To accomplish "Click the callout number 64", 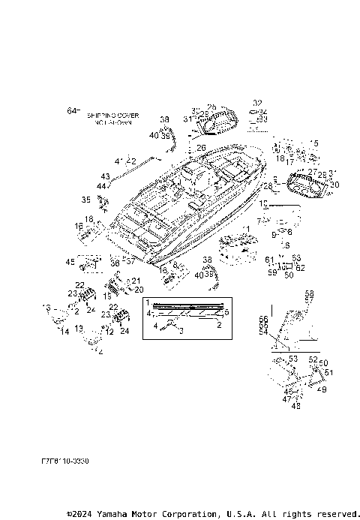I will [x=72, y=111].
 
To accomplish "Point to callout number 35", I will [x=86, y=200].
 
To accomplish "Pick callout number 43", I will [x=105, y=177].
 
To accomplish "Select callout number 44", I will [x=101, y=185].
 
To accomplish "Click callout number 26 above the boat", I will [x=201, y=148].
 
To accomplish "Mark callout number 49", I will [x=322, y=389].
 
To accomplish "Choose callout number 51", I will [x=328, y=371].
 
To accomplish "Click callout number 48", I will [x=295, y=406].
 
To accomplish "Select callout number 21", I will [x=136, y=281].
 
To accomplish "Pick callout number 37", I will [x=130, y=261].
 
